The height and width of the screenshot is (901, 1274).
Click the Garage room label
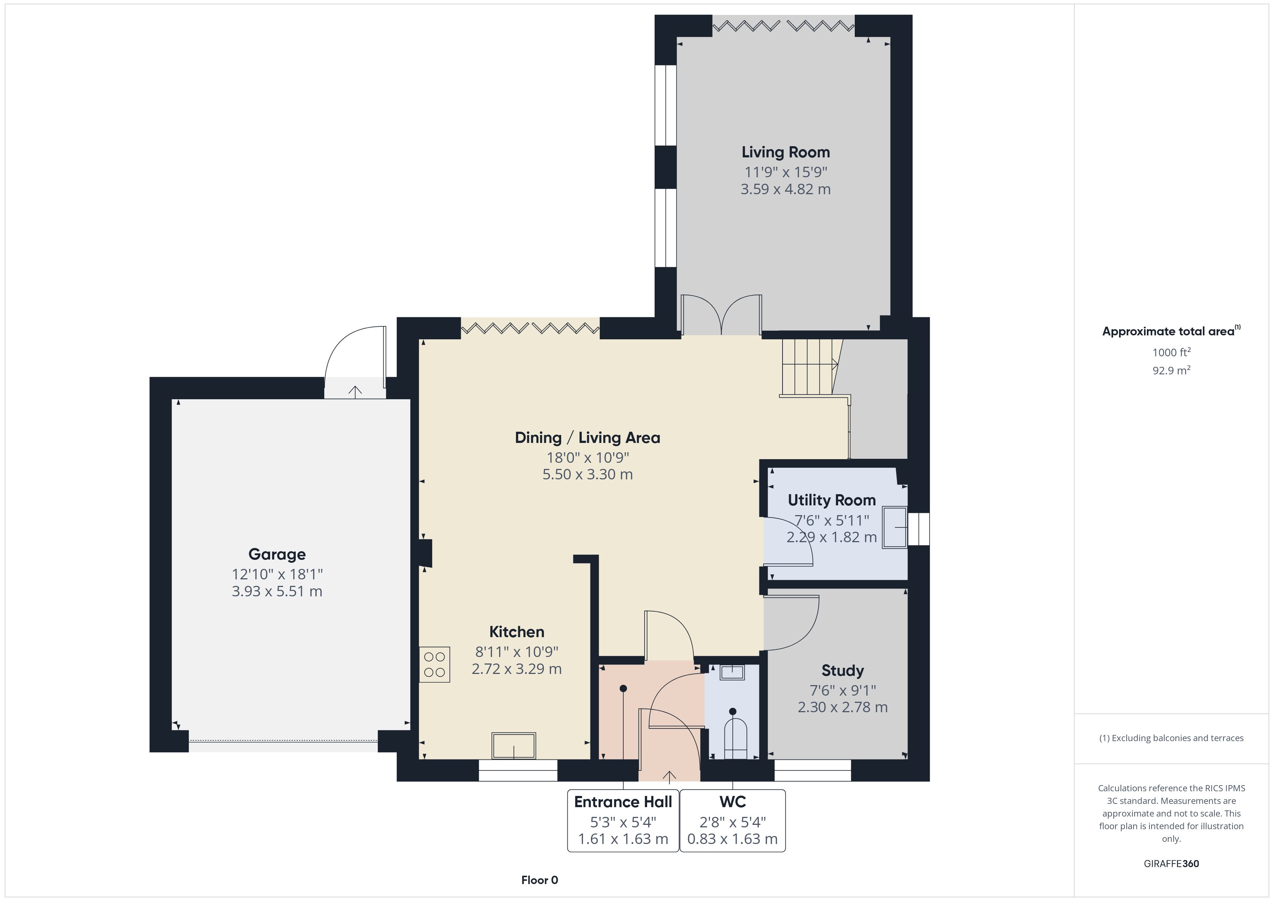pos(277,554)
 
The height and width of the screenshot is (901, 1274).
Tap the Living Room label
pos(786,152)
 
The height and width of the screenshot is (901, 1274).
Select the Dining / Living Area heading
pos(588,438)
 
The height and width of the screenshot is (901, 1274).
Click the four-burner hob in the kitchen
pos(434,665)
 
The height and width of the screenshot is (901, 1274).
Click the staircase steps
pos(810,367)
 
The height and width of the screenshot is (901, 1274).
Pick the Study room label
pos(842,671)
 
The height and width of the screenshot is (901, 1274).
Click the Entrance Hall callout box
pos(623,821)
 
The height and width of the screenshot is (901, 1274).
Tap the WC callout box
pos(732,821)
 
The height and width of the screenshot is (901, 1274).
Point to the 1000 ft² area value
pos(1171,352)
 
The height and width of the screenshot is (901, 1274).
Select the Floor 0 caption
pos(539,880)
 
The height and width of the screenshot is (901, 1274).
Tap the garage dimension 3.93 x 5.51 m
pos(277,591)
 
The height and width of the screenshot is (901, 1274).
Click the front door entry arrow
pos(669,776)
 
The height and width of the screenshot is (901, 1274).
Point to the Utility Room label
pos(832,500)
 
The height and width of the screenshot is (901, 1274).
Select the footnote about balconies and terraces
pos(1171,738)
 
